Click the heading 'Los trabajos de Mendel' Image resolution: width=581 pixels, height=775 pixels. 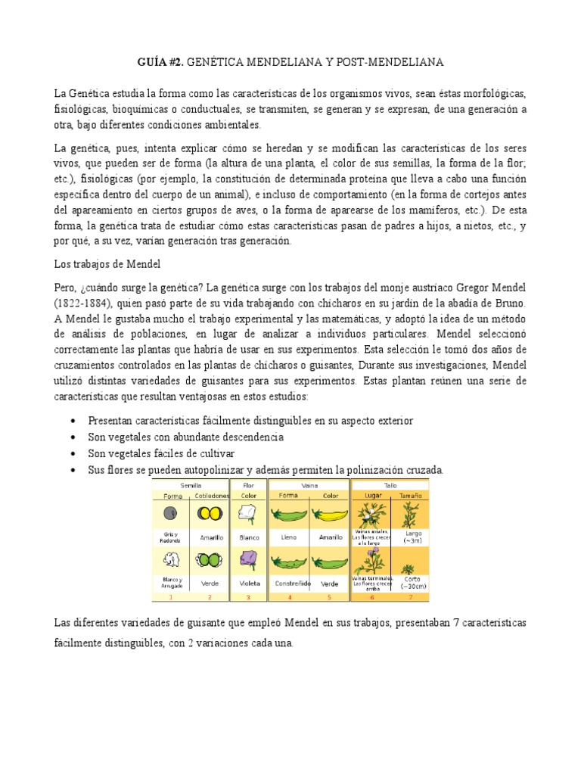(x=107, y=264)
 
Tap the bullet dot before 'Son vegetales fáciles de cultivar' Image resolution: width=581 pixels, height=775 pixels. (x=72, y=453)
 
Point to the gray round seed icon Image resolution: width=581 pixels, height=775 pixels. (x=170, y=514)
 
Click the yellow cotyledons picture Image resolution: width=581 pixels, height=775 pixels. (x=211, y=514)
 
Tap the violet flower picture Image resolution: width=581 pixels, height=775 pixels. (x=249, y=559)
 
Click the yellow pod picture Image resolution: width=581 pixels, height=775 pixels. (x=329, y=515)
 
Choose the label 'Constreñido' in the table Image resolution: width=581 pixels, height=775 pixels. (x=290, y=584)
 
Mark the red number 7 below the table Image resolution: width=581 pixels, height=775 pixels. (x=410, y=596)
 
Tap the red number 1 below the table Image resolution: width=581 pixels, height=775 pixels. (x=170, y=596)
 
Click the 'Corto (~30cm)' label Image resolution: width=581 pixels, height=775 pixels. (x=411, y=582)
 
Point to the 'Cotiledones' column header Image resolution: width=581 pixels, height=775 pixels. (x=211, y=495)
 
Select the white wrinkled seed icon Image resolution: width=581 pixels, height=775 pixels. (x=170, y=560)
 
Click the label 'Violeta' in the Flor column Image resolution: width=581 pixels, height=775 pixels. (x=249, y=584)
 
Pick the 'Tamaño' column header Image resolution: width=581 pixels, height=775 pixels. (x=411, y=495)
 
